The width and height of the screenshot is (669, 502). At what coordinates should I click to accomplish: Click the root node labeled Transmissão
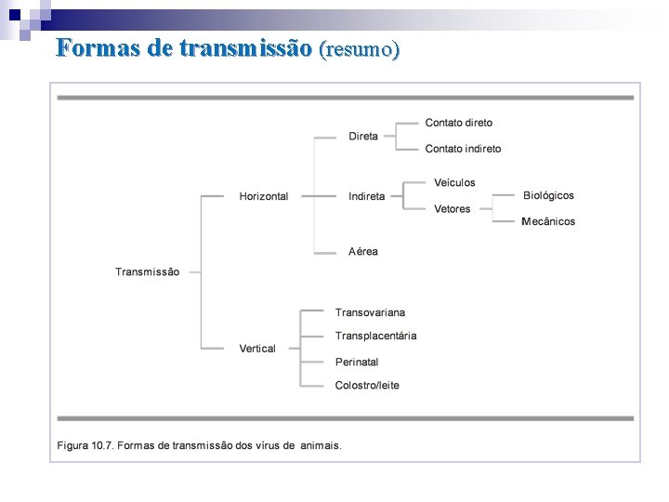point(147,271)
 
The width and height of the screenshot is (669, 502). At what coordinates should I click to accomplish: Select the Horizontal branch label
point(263,196)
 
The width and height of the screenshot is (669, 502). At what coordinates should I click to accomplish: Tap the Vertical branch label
point(257,349)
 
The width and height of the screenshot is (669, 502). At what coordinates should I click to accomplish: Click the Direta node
point(363,136)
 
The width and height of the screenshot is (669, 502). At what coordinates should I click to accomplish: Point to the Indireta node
point(366,196)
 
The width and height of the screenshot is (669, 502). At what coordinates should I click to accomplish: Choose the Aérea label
point(363,251)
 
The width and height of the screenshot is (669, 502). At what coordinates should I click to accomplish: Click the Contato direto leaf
point(459,123)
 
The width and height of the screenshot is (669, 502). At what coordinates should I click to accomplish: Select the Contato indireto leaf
point(463,149)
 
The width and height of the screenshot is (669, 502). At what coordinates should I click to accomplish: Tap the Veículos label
point(454,183)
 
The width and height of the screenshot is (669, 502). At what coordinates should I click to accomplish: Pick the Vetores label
point(453,209)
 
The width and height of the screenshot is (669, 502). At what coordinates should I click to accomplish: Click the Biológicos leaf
point(548,195)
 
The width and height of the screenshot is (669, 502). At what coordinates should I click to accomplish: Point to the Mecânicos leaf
point(548,221)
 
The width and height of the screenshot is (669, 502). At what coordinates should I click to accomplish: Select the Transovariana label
point(370,312)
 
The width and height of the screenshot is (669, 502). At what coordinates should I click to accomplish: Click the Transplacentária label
point(375,336)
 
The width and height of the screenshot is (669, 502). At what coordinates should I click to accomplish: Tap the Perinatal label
point(357,362)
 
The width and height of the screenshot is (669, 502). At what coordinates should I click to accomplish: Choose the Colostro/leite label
point(367,385)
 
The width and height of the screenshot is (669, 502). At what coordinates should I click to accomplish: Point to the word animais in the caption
point(319,445)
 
